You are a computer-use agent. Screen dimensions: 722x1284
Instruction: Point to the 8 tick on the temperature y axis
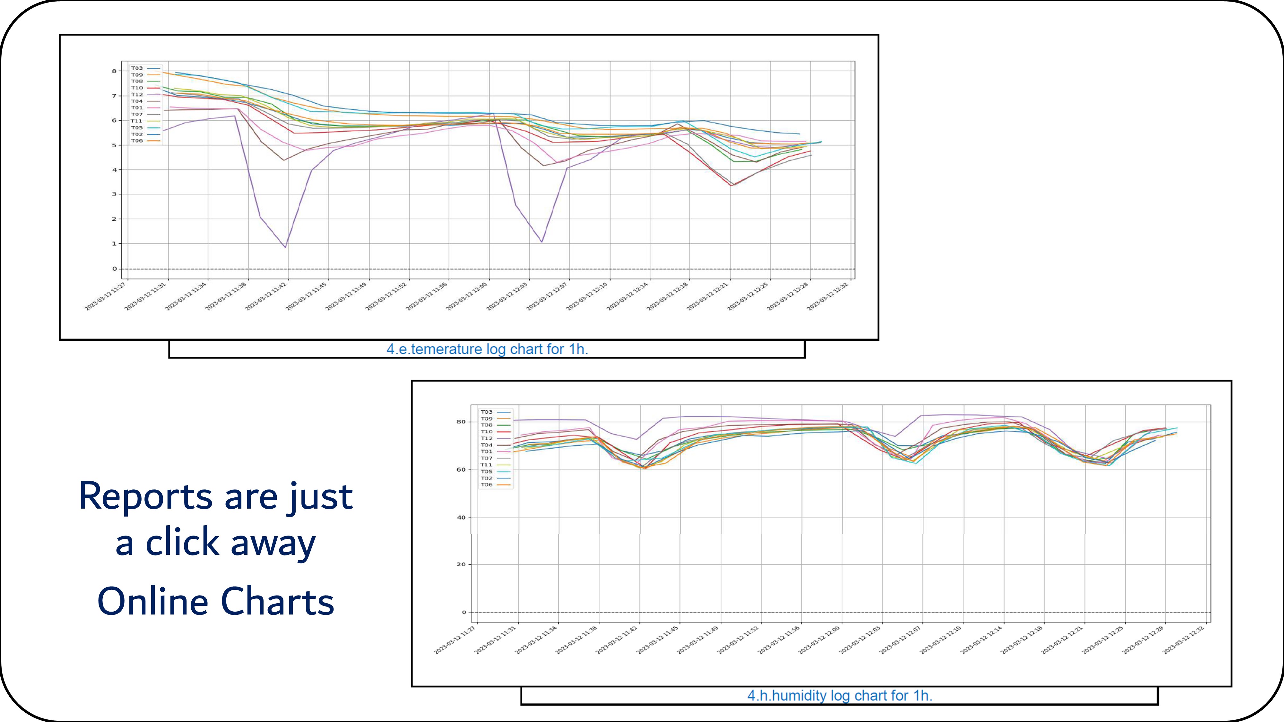pyautogui.click(x=114, y=71)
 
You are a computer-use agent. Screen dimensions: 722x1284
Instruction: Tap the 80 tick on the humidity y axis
pyautogui.click(x=461, y=422)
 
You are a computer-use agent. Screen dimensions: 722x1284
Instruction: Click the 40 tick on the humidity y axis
pyautogui.click(x=461, y=518)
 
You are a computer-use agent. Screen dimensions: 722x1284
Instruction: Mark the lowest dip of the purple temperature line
pyautogui.click(x=285, y=247)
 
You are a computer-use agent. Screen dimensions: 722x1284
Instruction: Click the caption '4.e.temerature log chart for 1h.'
pyautogui.click(x=487, y=349)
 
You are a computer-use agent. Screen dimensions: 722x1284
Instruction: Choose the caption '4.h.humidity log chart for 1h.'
pyautogui.click(x=839, y=696)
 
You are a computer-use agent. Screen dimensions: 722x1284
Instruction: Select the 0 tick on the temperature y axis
pyautogui.click(x=114, y=269)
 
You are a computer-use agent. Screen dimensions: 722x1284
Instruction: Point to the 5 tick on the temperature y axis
pyautogui.click(x=114, y=145)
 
